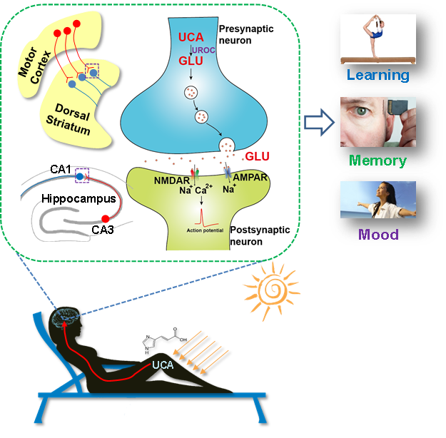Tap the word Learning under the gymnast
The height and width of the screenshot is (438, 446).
(377, 74)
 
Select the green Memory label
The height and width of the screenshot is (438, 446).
(377, 160)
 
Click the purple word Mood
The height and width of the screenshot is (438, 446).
(377, 233)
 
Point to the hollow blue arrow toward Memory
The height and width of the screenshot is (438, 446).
(317, 123)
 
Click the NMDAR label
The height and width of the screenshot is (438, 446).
(171, 181)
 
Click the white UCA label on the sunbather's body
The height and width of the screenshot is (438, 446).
(164, 365)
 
